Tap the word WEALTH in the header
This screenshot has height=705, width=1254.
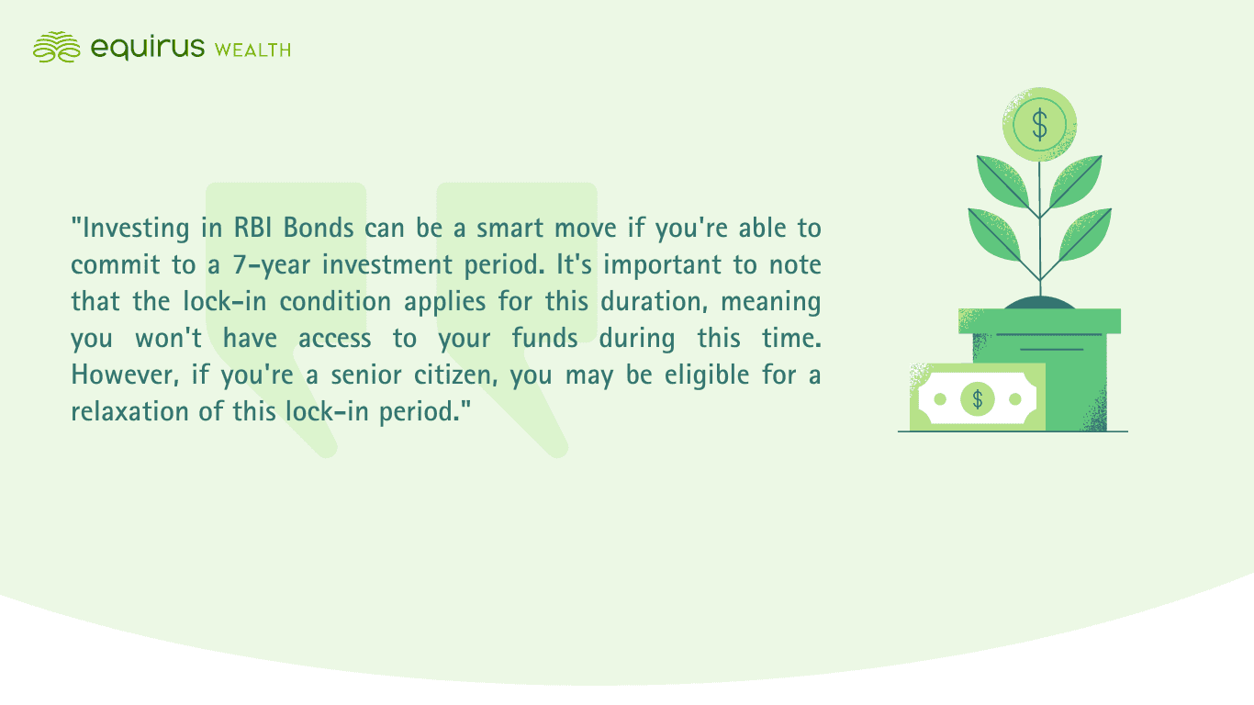(x=252, y=50)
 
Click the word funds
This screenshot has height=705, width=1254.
(x=544, y=338)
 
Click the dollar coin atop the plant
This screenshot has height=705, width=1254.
(x=1039, y=123)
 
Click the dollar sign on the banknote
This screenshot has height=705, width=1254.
(x=978, y=398)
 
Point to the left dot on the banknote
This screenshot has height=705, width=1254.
(x=940, y=398)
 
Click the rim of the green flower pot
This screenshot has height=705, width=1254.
(x=1039, y=320)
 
